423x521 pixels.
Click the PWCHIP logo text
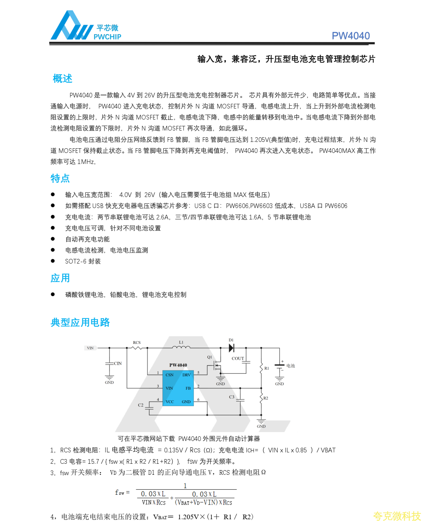coord(107,37)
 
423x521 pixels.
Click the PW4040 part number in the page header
coord(350,36)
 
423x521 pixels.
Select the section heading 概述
coord(63,79)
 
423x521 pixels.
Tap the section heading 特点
coord(60,178)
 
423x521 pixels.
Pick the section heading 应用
coord(60,278)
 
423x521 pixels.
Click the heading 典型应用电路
coord(80,323)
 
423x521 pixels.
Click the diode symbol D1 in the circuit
coord(231,348)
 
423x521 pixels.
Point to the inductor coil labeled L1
coord(181,347)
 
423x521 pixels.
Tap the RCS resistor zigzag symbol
coord(137,347)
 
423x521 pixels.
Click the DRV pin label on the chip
coord(187,375)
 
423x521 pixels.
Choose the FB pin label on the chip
coord(188,388)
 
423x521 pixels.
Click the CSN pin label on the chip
coord(170,375)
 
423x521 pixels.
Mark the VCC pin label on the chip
coord(170,402)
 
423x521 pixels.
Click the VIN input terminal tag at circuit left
coord(90,348)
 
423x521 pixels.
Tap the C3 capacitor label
coord(231,397)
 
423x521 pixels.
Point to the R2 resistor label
coord(266,398)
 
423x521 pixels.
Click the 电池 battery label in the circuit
coord(290,366)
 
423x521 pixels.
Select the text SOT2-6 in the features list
coord(76,261)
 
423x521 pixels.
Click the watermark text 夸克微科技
coord(397,516)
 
